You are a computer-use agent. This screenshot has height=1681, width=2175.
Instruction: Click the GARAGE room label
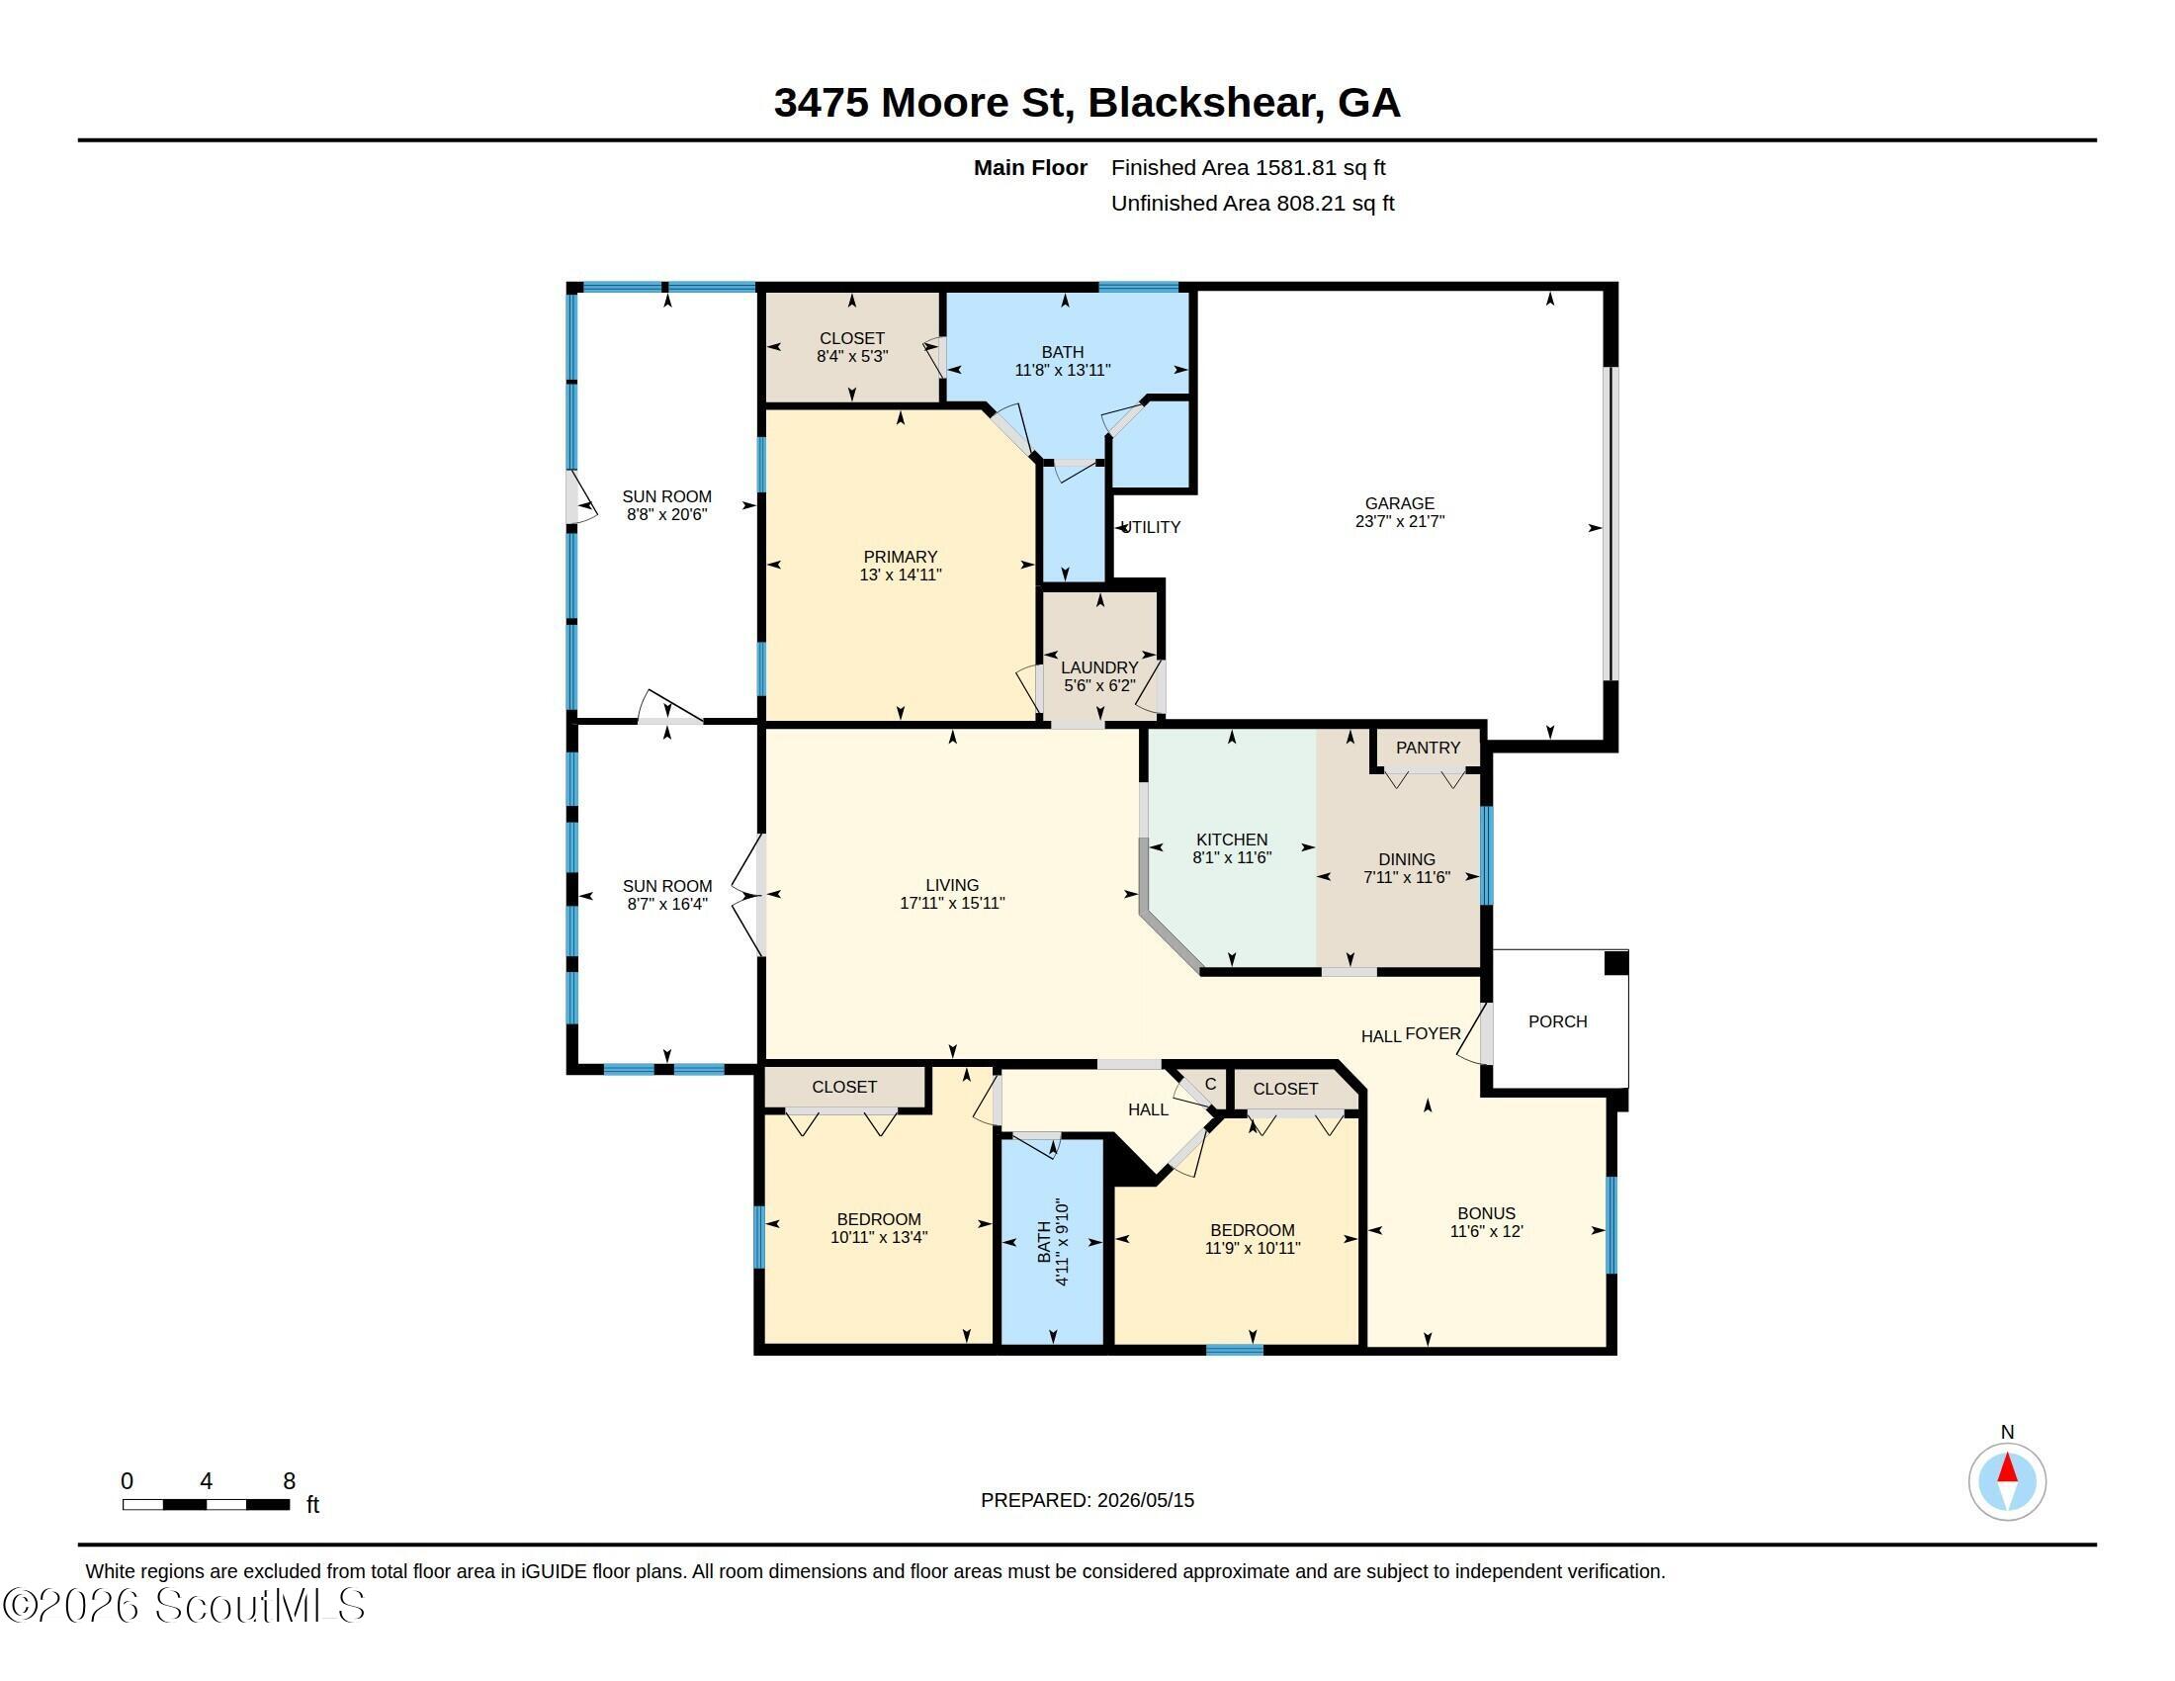tap(1399, 503)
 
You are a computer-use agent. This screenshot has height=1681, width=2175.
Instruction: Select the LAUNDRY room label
tap(1099, 667)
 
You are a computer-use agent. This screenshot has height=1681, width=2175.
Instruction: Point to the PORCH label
tap(1557, 1020)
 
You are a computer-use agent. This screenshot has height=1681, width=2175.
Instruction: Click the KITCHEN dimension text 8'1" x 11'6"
tap(1232, 857)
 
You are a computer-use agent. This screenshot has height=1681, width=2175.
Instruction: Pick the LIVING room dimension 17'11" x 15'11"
tap(952, 903)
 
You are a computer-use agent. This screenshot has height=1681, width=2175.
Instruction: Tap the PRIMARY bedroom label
tap(901, 557)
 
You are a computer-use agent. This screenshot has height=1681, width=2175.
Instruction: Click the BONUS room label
tap(1486, 1213)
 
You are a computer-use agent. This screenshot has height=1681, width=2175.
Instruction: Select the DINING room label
tap(1406, 859)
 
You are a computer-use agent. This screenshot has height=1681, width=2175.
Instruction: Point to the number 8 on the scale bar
tap(289, 1481)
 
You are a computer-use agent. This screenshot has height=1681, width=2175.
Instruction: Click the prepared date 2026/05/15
tap(1145, 1500)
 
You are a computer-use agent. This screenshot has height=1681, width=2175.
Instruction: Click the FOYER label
tap(1433, 1033)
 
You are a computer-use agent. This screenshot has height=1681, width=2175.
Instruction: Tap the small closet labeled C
tap(1210, 1085)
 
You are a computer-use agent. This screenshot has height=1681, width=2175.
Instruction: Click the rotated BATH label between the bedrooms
tap(1044, 1243)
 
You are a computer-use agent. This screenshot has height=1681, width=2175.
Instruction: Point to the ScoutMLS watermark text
tap(184, 1606)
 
